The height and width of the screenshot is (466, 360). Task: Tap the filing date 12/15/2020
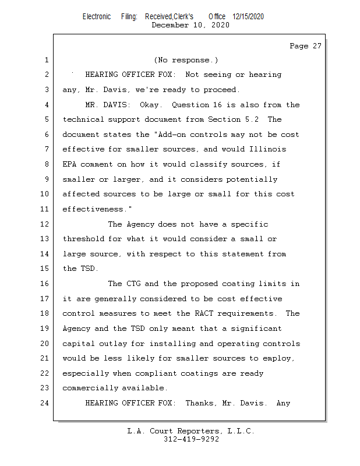(x=248, y=16)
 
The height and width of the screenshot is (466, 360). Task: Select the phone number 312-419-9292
(x=191, y=439)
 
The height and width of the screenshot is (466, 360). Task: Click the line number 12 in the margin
(x=45, y=224)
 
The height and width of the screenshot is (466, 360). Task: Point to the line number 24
(x=45, y=403)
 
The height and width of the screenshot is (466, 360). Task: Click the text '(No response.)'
(x=186, y=60)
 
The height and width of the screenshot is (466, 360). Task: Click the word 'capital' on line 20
(x=79, y=343)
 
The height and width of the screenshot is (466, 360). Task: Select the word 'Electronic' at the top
(x=96, y=16)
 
